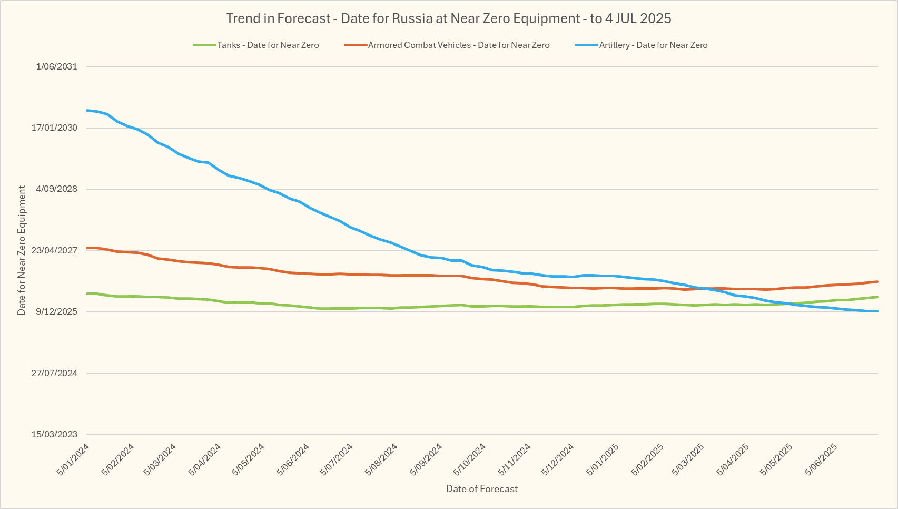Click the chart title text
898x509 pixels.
[x=449, y=19]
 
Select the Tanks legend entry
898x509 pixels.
[x=268, y=45]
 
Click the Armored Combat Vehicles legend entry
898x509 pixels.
[x=458, y=45]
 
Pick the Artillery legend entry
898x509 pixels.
[x=653, y=45]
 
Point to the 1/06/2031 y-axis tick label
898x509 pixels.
[x=56, y=66]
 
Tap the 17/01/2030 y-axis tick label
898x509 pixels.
[x=54, y=128]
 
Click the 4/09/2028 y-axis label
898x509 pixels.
[x=56, y=189]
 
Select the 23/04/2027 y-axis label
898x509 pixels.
[x=54, y=250]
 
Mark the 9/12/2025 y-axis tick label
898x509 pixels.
[x=56, y=312]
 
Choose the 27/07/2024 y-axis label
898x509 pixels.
[x=54, y=373]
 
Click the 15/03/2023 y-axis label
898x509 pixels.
[x=54, y=434]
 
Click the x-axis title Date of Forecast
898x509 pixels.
[x=482, y=489]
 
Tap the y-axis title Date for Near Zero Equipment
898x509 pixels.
[x=22, y=250]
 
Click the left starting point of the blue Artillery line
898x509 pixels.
[x=87, y=110]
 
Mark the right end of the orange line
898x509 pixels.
[x=877, y=281]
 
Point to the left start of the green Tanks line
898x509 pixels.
[x=87, y=293]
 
